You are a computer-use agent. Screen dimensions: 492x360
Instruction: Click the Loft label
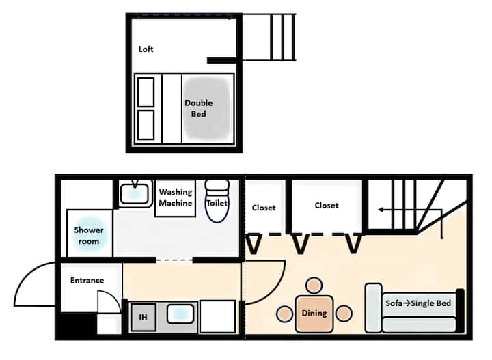(x=146, y=49)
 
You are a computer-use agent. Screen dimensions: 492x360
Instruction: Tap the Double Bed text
(x=199, y=108)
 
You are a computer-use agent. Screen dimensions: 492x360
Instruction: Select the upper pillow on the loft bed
(x=146, y=92)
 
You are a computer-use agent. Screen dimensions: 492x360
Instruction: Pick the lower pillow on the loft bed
(x=146, y=125)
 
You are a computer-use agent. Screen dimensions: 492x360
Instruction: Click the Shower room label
(x=89, y=236)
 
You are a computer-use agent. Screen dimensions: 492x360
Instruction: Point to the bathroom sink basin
(x=135, y=193)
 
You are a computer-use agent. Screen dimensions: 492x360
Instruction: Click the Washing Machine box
(x=176, y=198)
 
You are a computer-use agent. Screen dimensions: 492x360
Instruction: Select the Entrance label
(x=87, y=280)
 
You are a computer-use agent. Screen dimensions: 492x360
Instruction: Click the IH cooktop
(x=143, y=317)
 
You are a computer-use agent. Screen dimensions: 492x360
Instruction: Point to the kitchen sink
(x=180, y=314)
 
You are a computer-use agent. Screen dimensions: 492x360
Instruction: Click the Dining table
(x=314, y=314)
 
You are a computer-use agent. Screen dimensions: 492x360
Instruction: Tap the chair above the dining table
(x=314, y=286)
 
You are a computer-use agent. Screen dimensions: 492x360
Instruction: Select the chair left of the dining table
(x=285, y=314)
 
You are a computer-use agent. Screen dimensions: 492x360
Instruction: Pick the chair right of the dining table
(x=344, y=314)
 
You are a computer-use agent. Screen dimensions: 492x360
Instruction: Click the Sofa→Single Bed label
(x=418, y=303)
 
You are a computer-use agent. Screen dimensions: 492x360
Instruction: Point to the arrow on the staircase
(x=410, y=210)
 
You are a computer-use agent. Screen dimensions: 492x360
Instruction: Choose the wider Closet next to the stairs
(x=327, y=206)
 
